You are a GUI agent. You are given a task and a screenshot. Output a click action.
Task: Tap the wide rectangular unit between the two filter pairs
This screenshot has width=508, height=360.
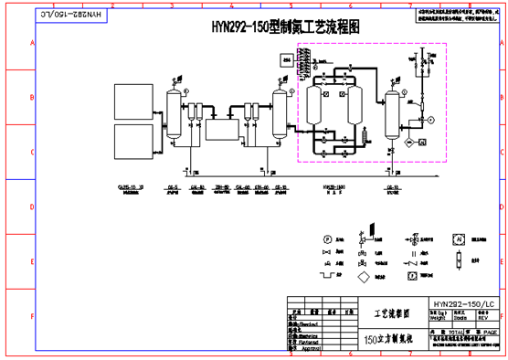[x=220, y=129]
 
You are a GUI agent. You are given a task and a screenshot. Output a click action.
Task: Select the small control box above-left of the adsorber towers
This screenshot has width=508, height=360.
[x=289, y=60]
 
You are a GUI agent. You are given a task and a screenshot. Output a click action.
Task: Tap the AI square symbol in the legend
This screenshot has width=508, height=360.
[x=460, y=238]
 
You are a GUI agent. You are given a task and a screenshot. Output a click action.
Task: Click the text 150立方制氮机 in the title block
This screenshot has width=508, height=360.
[x=392, y=339]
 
